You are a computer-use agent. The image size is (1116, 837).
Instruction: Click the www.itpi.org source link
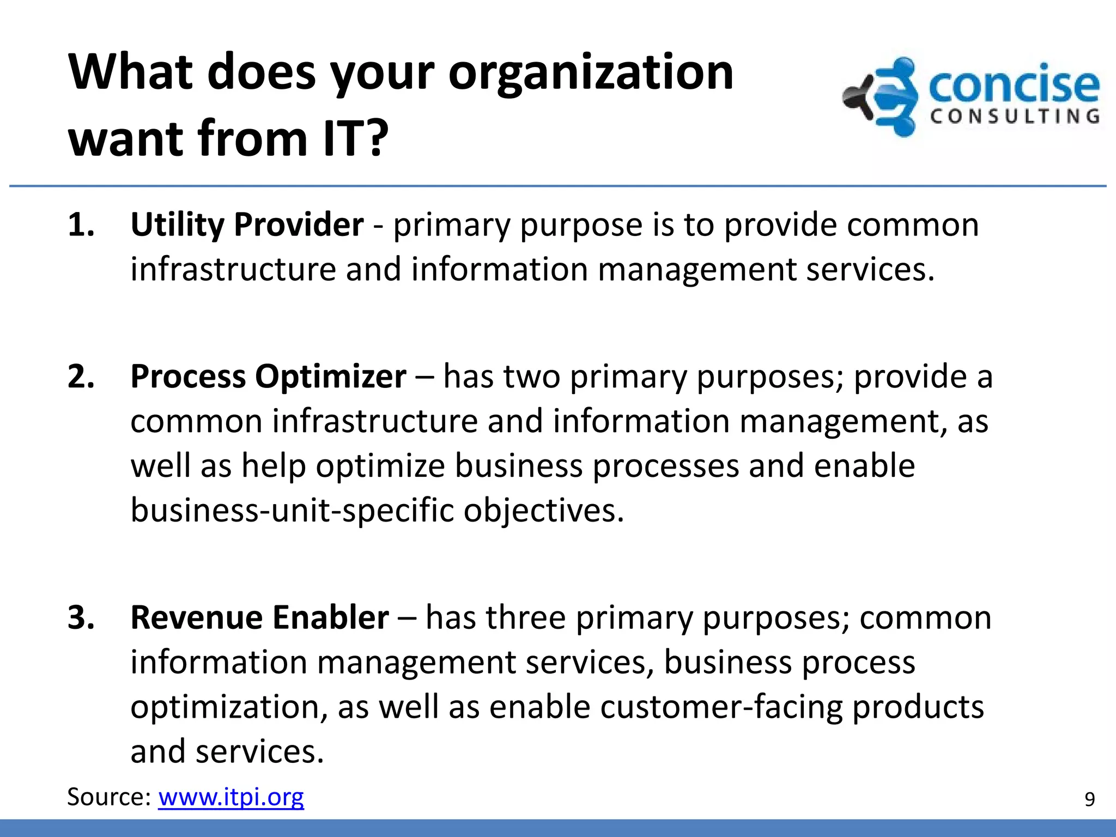tap(231, 797)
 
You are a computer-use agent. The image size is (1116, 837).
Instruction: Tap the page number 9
tap(1089, 799)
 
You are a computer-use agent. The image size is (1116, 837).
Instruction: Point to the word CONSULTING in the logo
tap(1015, 117)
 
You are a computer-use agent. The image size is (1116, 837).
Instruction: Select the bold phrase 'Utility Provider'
tap(247, 225)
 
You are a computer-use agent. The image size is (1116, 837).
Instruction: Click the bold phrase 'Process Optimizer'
tap(268, 377)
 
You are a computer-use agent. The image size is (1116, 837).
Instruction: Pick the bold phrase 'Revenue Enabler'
tap(259, 617)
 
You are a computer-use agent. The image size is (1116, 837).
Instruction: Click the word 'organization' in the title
tap(591, 74)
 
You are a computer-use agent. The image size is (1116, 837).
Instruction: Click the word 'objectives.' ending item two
tap(543, 511)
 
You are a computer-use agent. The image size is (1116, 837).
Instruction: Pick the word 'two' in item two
tap(531, 377)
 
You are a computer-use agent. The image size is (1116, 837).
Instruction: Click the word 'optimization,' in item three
tap(229, 707)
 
